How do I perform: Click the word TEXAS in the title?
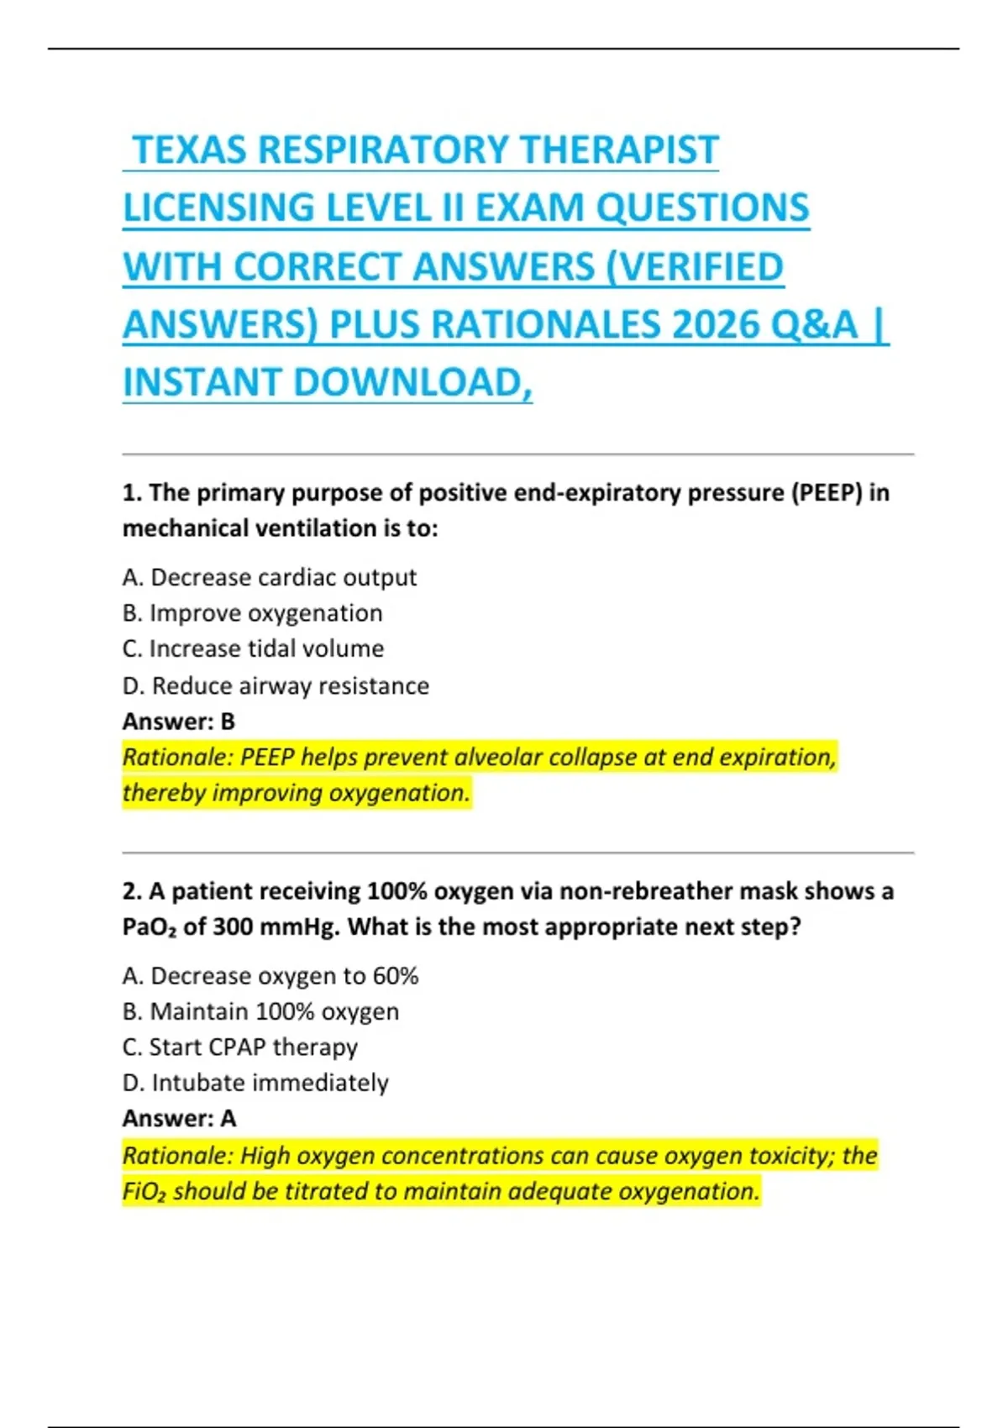point(191,150)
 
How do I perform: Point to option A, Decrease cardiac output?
point(269,578)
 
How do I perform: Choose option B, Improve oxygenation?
point(252,613)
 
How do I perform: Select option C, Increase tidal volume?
point(253,648)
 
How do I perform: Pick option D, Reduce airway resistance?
point(276,685)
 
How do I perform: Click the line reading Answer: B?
point(178,722)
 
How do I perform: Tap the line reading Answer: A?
point(179,1119)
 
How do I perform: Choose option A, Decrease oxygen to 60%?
point(270,976)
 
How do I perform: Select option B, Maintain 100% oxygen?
point(260,1011)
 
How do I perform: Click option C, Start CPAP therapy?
point(239,1047)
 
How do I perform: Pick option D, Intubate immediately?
point(255,1083)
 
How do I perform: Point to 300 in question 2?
point(234,927)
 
